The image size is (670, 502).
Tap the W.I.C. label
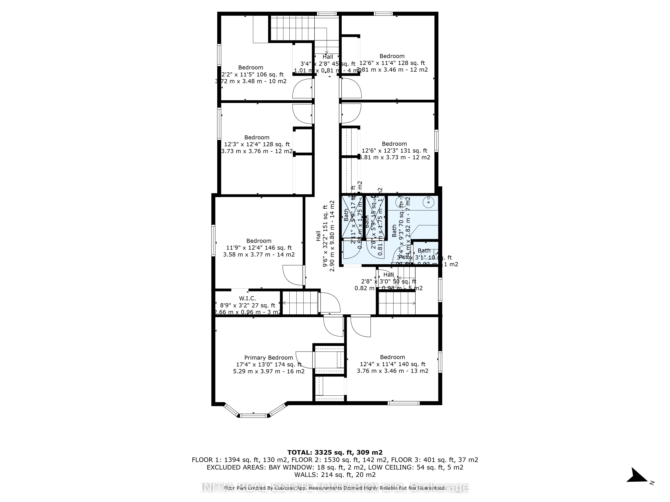pyautogui.click(x=247, y=298)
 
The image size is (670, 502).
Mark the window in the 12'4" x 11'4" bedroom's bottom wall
pyautogui.click(x=404, y=403)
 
